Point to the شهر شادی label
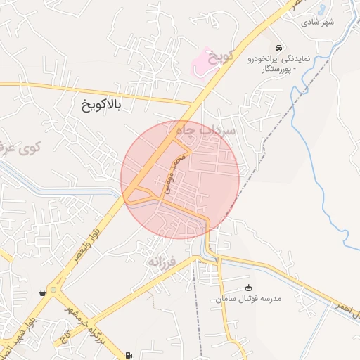pos(319,22)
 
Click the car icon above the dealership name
pos(280,48)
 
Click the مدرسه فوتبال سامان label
pos(249,299)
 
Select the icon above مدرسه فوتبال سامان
pos(248,287)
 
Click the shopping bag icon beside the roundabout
pos(44,292)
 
